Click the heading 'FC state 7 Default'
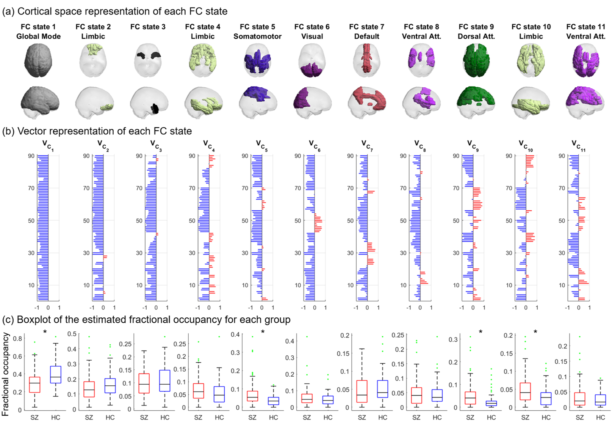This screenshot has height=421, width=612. click(x=366, y=32)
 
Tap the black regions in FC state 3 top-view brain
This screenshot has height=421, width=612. click(x=155, y=55)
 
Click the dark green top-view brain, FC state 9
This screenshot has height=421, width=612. click(x=476, y=60)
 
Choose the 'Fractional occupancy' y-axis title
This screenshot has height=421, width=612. click(x=5, y=374)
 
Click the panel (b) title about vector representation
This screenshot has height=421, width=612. click(x=97, y=131)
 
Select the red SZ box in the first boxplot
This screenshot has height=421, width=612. click(x=34, y=385)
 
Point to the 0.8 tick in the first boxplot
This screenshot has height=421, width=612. click(x=17, y=339)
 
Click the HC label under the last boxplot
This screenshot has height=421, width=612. click(x=600, y=417)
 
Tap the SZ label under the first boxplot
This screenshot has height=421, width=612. click(x=34, y=417)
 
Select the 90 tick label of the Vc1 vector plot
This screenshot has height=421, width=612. click(x=31, y=156)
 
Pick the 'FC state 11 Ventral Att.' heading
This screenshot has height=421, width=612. click(x=585, y=32)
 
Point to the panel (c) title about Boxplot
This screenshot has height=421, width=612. click(x=146, y=320)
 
